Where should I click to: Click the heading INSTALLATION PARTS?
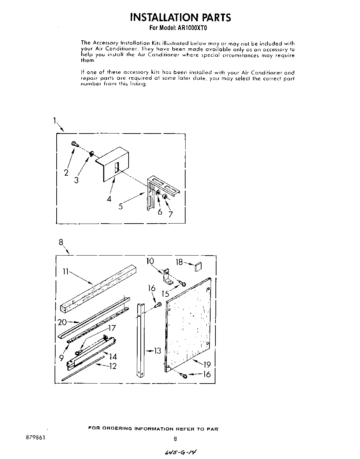(180, 17)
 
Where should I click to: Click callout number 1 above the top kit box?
(55, 121)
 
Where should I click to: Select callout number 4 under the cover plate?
(109, 199)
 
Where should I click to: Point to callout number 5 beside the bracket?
(120, 206)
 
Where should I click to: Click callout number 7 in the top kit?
(170, 214)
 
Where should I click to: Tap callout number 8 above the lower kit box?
(61, 242)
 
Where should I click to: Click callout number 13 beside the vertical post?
(157, 351)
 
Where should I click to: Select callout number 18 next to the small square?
(179, 262)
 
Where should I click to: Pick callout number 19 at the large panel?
(207, 365)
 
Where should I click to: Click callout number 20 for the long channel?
(63, 322)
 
